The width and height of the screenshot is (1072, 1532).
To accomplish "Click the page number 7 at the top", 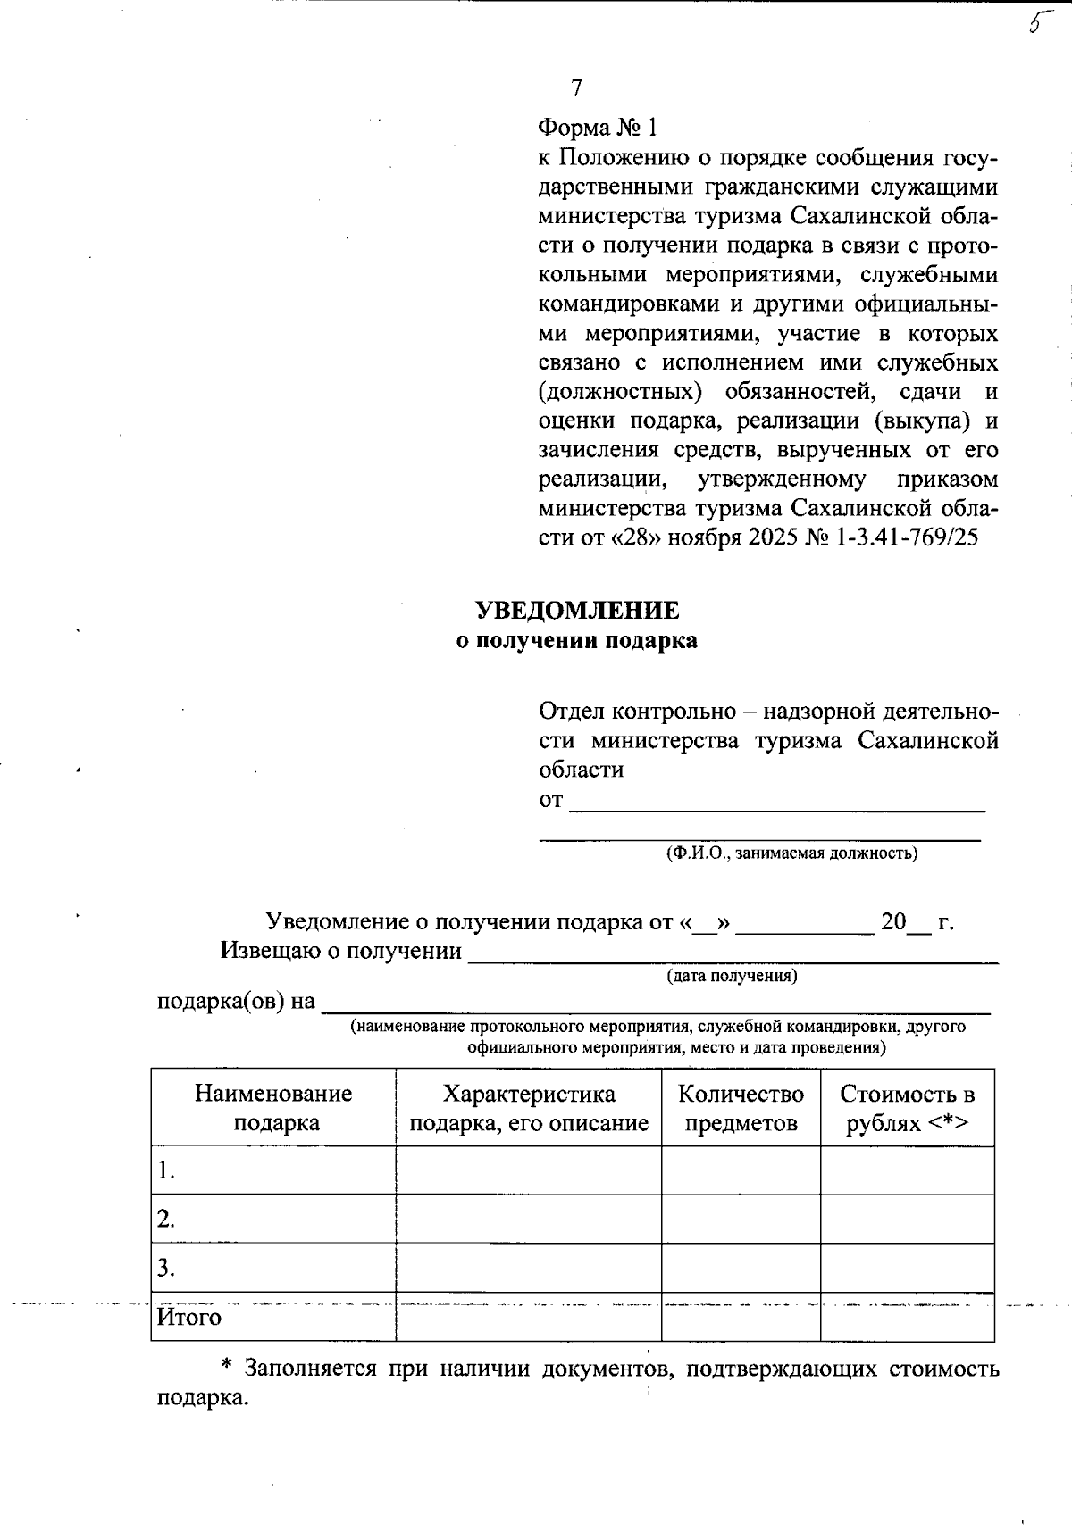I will (x=576, y=87).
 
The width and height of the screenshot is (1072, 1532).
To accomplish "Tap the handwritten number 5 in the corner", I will (x=1035, y=22).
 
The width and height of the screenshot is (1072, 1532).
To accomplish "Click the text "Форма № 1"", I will (x=598, y=129).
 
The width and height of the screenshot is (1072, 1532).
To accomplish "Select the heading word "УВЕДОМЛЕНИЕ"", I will (x=576, y=611).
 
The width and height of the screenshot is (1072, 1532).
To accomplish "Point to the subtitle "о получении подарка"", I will (x=576, y=641).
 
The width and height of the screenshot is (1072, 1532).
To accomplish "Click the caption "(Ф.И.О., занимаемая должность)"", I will (x=791, y=853).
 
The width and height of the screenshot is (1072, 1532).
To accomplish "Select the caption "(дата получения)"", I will (x=733, y=976).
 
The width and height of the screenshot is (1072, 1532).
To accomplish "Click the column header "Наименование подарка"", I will (x=273, y=1108).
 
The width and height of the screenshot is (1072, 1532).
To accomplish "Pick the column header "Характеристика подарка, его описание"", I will (x=529, y=1108).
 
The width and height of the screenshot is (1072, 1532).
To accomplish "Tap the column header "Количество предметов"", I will (x=741, y=1108).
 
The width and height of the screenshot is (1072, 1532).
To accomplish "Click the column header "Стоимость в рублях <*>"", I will (x=907, y=1108).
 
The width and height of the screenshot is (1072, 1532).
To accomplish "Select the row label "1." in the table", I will (x=166, y=1171).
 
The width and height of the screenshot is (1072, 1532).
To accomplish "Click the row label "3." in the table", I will (x=166, y=1269).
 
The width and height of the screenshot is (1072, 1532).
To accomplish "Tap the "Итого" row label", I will (x=189, y=1318).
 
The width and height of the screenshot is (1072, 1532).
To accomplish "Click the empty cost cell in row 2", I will (x=907, y=1220).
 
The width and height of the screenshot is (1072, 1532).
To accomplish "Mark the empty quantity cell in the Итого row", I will (x=741, y=1318).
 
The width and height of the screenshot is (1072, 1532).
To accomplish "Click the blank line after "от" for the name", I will (x=777, y=802).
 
